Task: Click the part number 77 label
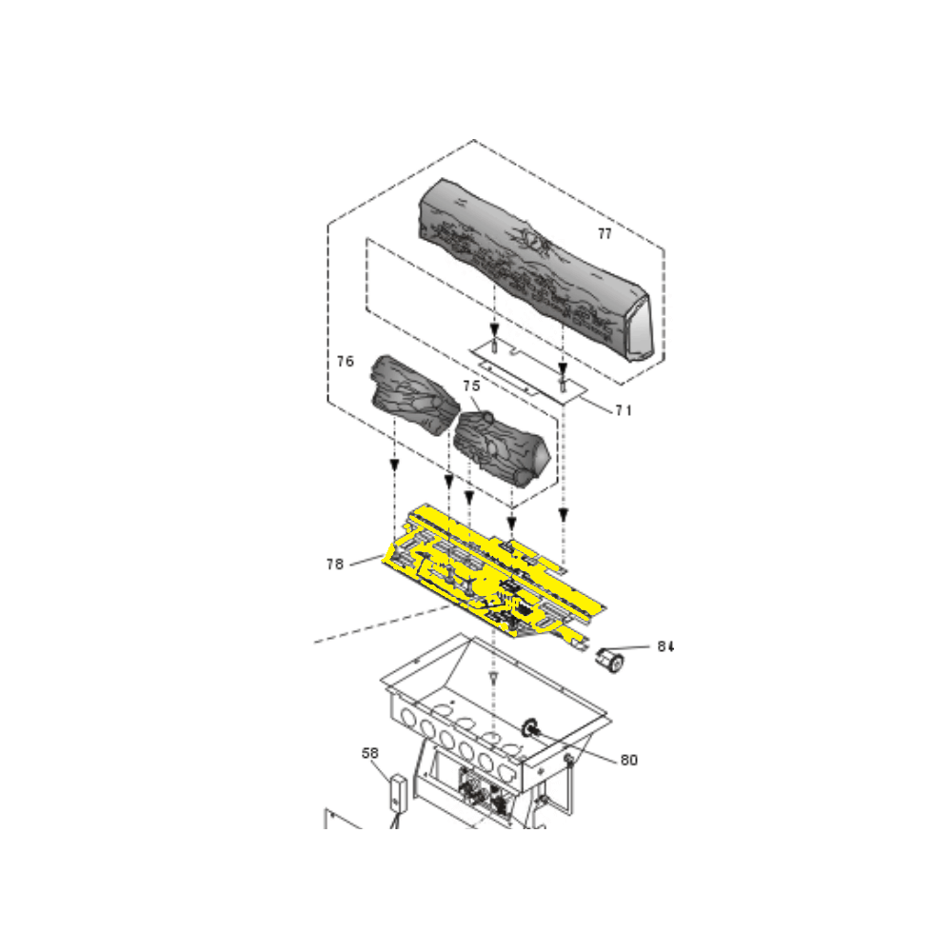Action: (605, 233)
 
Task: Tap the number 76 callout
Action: (346, 362)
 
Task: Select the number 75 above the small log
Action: (471, 386)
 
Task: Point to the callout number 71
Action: (624, 411)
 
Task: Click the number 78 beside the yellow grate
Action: (334, 564)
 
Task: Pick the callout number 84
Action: (664, 646)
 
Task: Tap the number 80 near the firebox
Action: (628, 760)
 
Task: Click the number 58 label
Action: (370, 752)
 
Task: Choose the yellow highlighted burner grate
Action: (495, 571)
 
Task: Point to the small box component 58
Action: (397, 791)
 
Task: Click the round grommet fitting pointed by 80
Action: (529, 727)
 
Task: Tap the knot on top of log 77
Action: (535, 244)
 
